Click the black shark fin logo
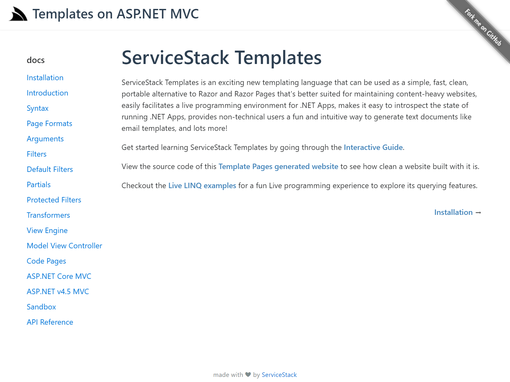18,14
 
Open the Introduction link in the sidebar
47,93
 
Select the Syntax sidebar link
37,108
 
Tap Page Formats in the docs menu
50,124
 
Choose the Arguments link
45,139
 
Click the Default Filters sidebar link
50,169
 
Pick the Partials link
38,185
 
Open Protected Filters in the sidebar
54,200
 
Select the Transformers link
48,215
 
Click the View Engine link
47,230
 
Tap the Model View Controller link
65,246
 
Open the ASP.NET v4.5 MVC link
58,292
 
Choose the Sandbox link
41,307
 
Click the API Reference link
50,322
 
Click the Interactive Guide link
373,147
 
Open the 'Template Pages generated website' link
278,166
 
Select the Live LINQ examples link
202,186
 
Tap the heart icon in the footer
248,375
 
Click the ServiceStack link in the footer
279,375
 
